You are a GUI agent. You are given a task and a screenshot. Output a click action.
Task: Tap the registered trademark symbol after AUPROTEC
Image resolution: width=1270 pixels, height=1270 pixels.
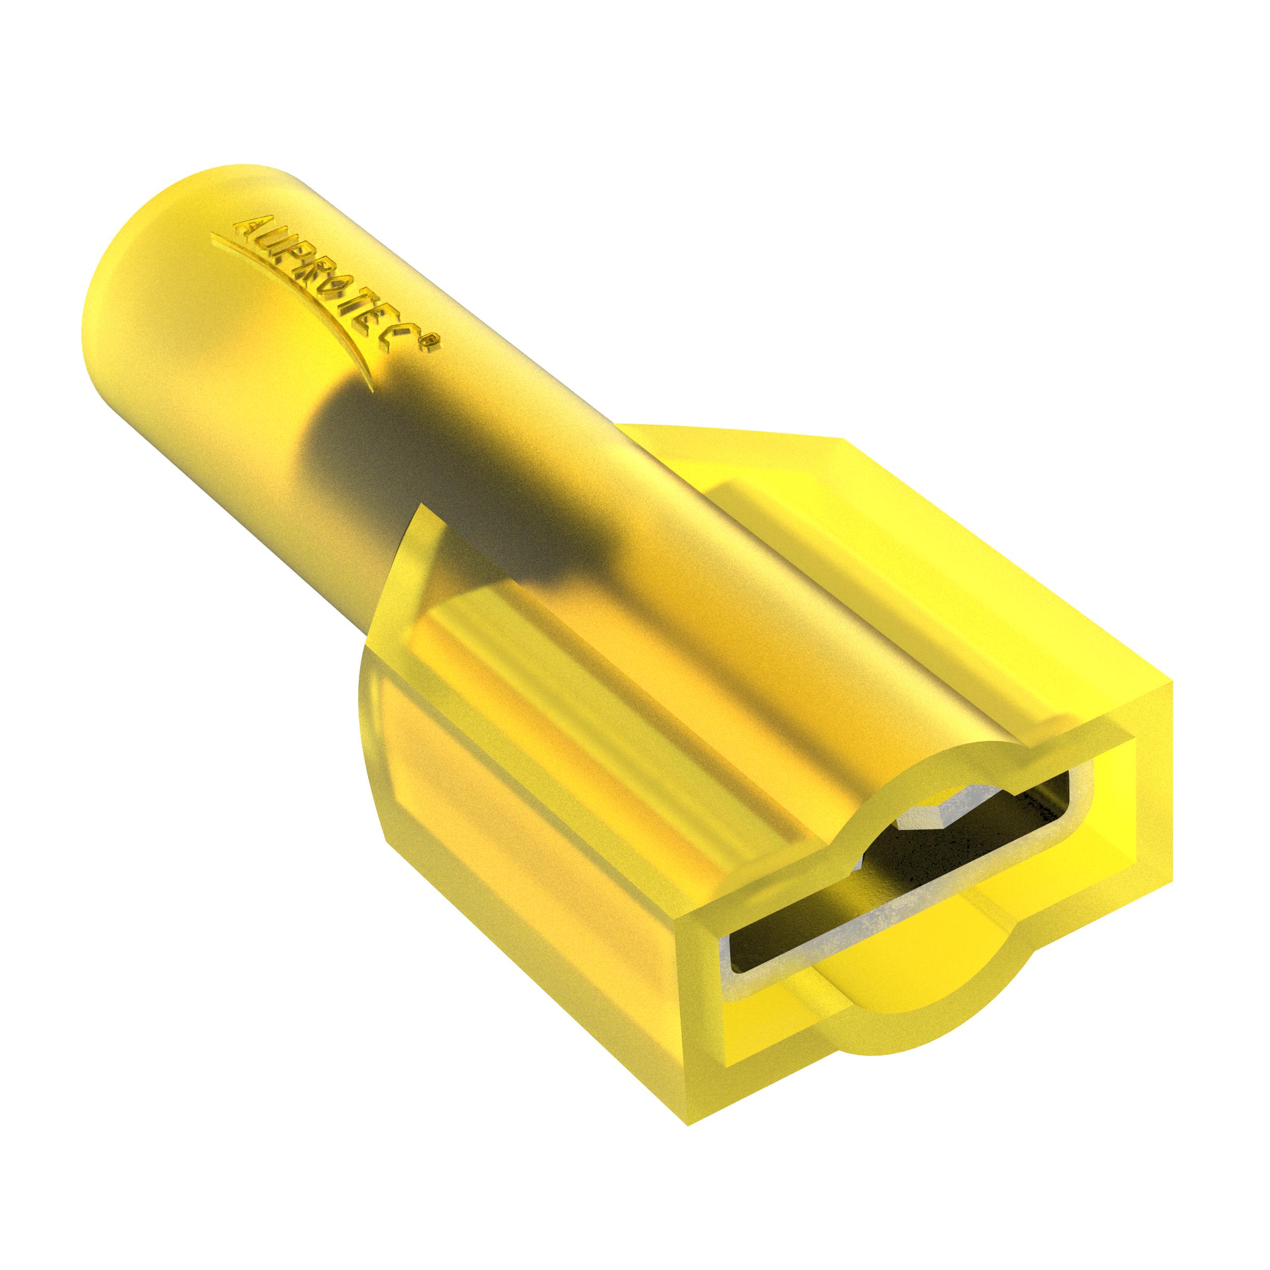point(431,342)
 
